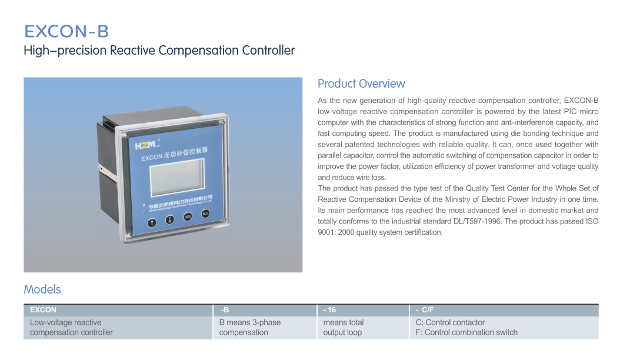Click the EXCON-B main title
pos(66,31)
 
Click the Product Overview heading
pos(361,84)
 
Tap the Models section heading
pos(42,289)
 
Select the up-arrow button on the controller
pos(152,223)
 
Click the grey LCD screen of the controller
pos(177,177)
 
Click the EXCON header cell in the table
pos(118,310)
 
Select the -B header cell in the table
pos(265,310)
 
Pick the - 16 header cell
pos(363,310)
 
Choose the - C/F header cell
pos(504,310)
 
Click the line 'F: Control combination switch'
pos(466,332)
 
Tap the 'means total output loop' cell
pos(344,328)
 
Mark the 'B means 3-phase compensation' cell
pos(250,328)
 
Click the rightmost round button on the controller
pos(206,214)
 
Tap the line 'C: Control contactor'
pos(451,322)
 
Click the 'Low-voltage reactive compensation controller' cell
pos(71,328)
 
